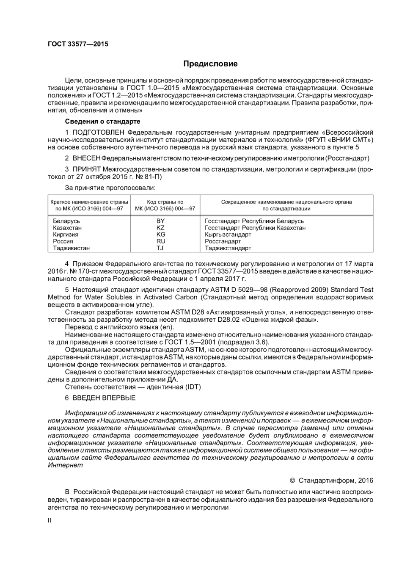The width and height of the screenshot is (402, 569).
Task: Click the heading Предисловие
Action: coord(210,64)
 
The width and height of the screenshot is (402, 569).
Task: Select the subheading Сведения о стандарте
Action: coord(102,122)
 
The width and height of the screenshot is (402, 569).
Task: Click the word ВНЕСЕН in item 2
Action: coord(86,158)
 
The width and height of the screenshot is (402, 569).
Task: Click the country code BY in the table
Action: coord(160,221)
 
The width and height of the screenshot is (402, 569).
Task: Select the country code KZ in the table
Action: coord(160,228)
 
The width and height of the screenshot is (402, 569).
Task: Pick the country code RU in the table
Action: coord(160,241)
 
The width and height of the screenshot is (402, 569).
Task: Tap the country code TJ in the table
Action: coord(160,248)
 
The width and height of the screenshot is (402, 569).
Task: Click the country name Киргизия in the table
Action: coord(66,235)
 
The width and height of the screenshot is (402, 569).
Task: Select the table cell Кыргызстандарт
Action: coord(228,235)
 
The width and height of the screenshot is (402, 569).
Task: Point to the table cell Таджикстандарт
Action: coord(228,248)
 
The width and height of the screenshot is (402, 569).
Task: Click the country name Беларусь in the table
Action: coord(66,221)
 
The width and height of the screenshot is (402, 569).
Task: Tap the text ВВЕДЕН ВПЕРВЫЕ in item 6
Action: coord(104,398)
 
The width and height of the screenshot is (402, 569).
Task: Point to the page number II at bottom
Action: coord(50,520)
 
